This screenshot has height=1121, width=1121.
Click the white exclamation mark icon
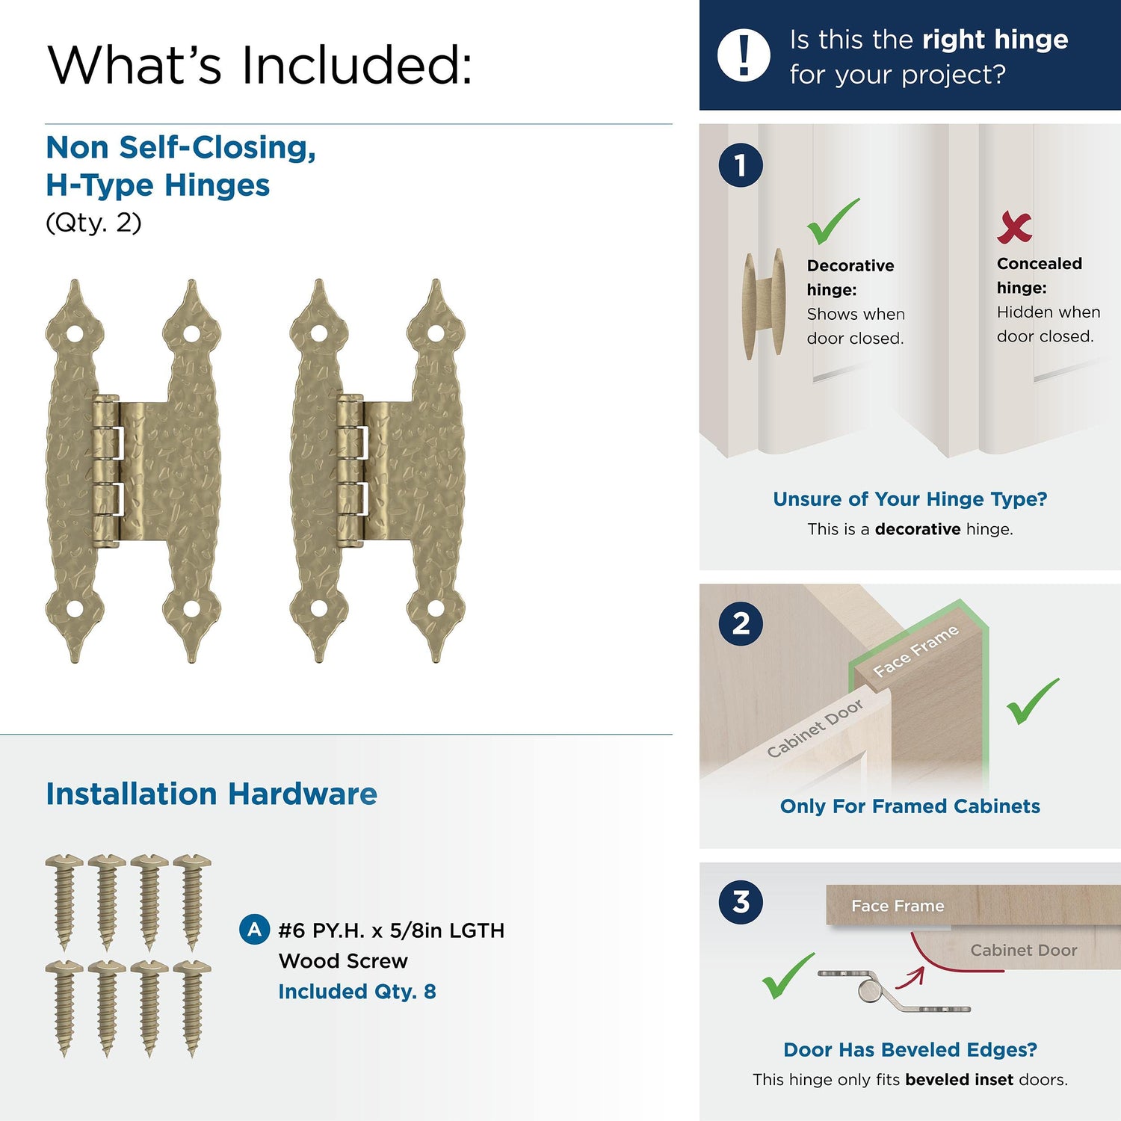pos(744,55)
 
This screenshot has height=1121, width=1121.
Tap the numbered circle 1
pos(741,165)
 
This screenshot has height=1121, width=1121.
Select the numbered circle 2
pos(741,623)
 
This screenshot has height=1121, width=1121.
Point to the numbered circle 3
pos(741,901)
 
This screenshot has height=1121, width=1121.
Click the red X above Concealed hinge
pos(1014,227)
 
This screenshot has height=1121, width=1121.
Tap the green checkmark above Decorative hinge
pos(833,221)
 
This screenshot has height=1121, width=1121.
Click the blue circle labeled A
pos(254,930)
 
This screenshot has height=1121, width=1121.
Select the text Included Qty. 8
pos(357,992)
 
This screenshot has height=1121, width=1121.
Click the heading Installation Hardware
pos(211,794)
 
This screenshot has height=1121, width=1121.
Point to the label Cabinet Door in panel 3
pos(1024,950)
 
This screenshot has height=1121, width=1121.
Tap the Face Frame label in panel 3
pos(898,906)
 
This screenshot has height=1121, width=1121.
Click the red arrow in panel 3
pos(913,978)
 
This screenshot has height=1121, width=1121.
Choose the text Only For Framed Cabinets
pos(910,806)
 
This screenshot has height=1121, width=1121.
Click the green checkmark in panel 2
pos(1033,701)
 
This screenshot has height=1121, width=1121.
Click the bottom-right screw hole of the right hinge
pos(436,609)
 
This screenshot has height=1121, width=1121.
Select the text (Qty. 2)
pos(93,223)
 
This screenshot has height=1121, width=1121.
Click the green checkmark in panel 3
pos(788,976)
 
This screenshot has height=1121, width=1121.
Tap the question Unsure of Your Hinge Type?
pos(910,499)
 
